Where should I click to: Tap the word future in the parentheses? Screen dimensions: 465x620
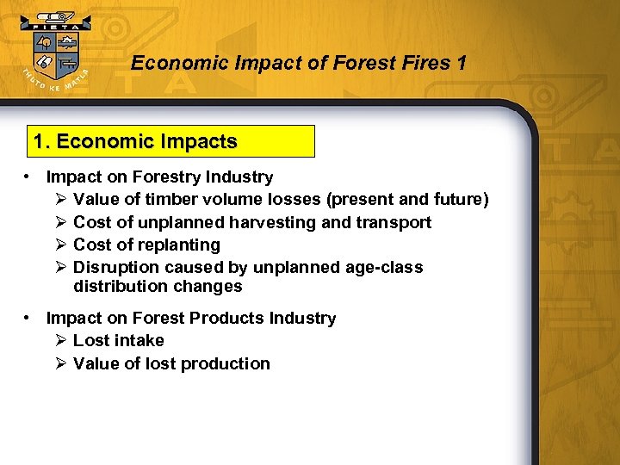point(457,200)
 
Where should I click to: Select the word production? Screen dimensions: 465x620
point(226,363)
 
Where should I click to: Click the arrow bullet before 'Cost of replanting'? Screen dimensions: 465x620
point(60,245)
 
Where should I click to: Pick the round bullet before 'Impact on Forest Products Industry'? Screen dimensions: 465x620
point(28,318)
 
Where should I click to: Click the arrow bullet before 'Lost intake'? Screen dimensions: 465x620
point(60,340)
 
